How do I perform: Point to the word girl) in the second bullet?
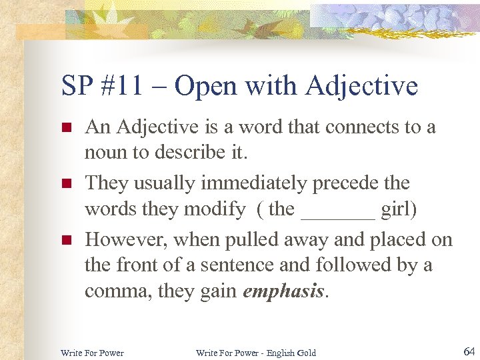point(399,209)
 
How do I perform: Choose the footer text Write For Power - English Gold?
point(256,352)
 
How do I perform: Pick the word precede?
point(353,183)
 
